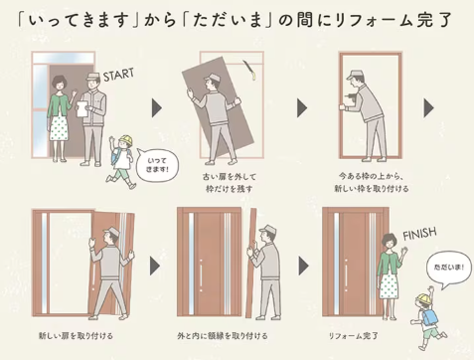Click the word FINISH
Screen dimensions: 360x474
pos(420,235)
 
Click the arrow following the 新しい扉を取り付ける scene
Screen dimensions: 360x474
pos(156,266)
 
